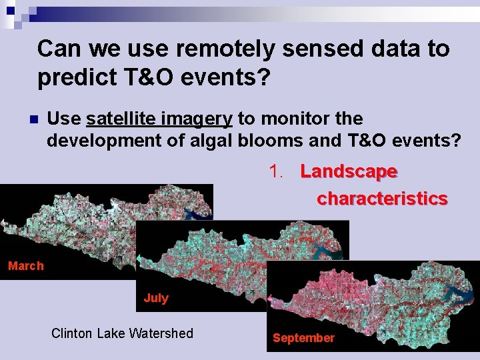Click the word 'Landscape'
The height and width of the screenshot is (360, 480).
(x=349, y=171)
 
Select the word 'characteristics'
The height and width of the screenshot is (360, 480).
(x=382, y=199)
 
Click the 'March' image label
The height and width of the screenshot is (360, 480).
(x=25, y=266)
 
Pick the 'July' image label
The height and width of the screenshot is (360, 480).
(x=156, y=298)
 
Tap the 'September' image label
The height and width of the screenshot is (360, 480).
(x=303, y=338)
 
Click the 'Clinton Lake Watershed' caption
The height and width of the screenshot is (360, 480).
(x=122, y=333)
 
